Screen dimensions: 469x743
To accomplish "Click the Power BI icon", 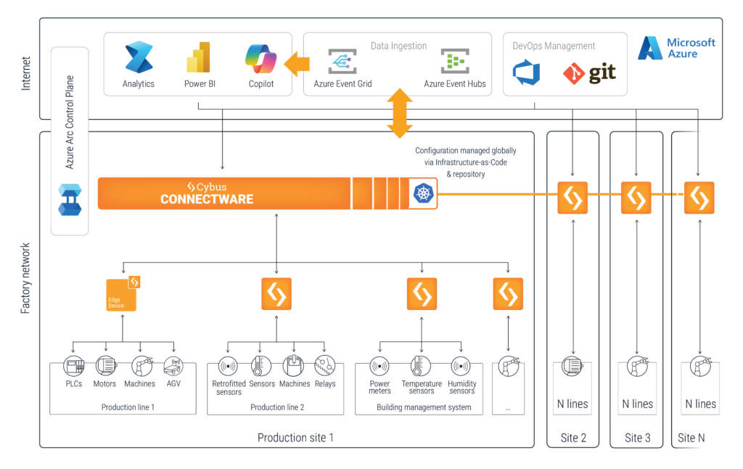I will coord(199,57).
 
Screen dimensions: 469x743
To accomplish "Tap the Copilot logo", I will coord(261,58).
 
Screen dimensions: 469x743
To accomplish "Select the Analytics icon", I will coord(139,57).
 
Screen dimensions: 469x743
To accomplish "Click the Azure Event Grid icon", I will coord(342,61).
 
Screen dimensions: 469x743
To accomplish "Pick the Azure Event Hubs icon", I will coord(455,61).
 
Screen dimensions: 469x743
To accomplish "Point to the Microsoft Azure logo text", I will coord(691,48).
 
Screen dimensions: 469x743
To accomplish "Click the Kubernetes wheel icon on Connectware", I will coord(422,193).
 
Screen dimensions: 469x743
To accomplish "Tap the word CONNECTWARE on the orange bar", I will coord(207,199).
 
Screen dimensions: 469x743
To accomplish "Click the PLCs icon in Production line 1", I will coord(73,366).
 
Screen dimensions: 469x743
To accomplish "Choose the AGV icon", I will coord(173,366).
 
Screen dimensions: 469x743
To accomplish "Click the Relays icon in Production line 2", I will coord(325,366).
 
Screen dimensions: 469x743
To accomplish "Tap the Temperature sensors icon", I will coord(421,366).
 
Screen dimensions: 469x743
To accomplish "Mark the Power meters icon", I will coord(379,366).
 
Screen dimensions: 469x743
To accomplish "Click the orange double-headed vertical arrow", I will coord(400,113).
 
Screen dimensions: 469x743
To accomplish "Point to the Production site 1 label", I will coord(295,438).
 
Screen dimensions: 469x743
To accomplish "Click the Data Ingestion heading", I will coord(398,46).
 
